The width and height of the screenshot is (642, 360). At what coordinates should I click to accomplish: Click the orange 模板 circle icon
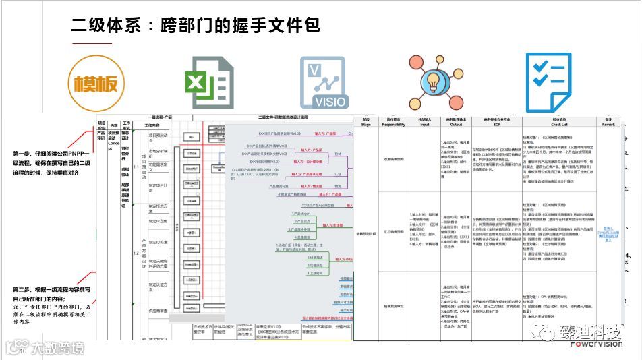[x=96, y=84]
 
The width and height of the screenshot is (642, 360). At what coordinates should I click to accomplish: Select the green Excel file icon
[x=209, y=84]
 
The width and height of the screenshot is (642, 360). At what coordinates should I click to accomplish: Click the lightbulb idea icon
[x=436, y=82]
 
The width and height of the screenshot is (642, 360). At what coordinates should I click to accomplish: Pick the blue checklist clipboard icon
[x=548, y=82]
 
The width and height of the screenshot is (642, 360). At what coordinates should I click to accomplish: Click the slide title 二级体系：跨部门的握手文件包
[x=196, y=26]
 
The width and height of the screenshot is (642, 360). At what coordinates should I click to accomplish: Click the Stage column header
[x=366, y=121]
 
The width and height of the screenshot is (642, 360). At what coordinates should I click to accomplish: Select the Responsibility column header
[x=393, y=121]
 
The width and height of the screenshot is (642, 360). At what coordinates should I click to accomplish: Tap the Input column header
[x=424, y=121]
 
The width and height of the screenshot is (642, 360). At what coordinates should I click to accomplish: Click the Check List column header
[x=559, y=121]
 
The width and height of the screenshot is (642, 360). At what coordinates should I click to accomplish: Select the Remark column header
[x=608, y=121]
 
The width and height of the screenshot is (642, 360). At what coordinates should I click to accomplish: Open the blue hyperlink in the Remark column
[x=608, y=233]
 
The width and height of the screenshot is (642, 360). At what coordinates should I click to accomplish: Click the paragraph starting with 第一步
[x=51, y=163]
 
